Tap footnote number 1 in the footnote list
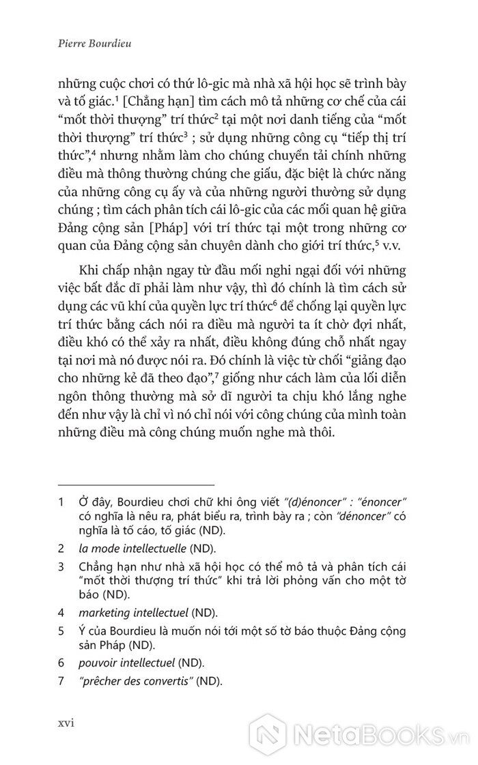click(61, 506)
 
